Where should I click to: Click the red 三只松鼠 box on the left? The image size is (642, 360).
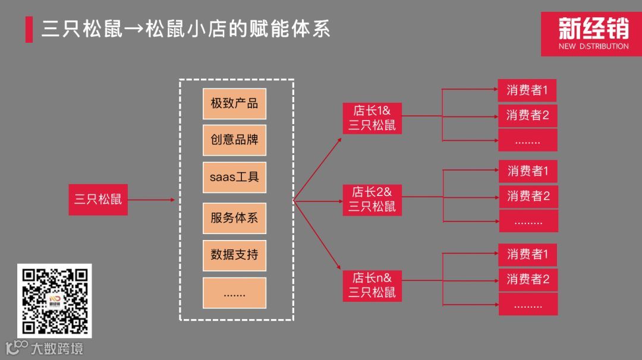[x=98, y=200]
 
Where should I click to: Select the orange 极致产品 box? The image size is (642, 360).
[x=234, y=103]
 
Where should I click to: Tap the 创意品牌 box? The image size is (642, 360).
[x=234, y=140]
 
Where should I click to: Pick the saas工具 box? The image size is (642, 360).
[x=234, y=177]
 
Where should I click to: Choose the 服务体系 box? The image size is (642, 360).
[x=234, y=217]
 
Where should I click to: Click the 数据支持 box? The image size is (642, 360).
[x=234, y=255]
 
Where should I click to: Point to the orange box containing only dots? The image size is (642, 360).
[x=234, y=293]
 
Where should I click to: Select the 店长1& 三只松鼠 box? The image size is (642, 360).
[x=372, y=118]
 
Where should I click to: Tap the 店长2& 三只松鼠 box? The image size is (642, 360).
[x=372, y=199]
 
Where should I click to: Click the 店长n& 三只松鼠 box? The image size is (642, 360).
[x=372, y=285]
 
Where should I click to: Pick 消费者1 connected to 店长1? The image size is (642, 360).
[x=527, y=90]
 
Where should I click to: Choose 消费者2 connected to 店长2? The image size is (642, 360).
[x=528, y=195]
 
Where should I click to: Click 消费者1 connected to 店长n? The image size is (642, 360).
[x=528, y=255]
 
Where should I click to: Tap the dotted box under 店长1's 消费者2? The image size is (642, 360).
[x=527, y=140]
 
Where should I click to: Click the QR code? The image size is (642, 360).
[x=54, y=301]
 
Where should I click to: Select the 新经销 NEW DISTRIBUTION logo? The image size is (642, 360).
[x=591, y=34]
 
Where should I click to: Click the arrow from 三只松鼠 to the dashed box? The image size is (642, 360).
[x=152, y=200]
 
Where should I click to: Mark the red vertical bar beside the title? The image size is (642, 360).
[x=29, y=30]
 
